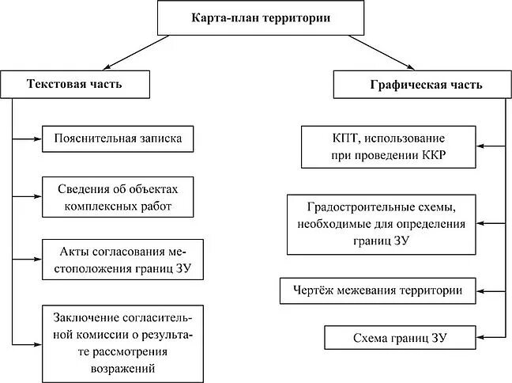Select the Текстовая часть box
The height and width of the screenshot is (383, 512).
coord(75,84)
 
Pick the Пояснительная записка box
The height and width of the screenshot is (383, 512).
coord(119,138)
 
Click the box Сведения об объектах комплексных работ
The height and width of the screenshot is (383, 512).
coord(119,198)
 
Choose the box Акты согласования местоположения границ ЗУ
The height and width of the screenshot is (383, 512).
coord(121,259)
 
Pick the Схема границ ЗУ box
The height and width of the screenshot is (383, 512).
coord(400,338)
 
